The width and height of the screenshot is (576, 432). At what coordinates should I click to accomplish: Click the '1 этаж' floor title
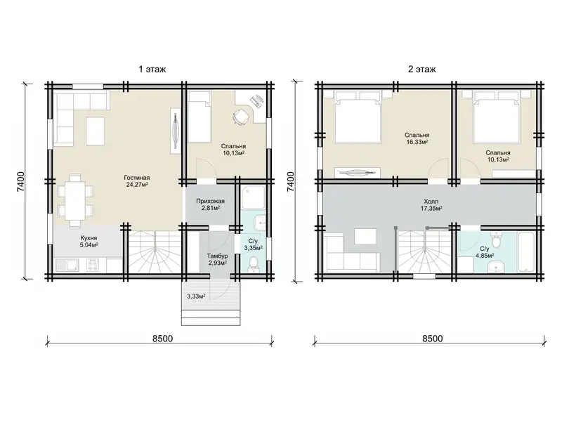point(152,69)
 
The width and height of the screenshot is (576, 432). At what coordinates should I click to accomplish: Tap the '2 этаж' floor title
point(421,69)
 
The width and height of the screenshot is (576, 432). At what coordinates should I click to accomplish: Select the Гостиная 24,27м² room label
point(137,181)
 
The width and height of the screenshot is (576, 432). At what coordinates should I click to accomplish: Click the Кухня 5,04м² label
point(89,242)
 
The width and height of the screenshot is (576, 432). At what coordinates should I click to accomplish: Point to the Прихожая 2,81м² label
point(210,204)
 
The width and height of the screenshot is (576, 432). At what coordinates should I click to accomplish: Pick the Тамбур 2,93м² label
point(217,259)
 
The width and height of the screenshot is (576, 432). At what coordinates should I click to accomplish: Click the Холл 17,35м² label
point(431,205)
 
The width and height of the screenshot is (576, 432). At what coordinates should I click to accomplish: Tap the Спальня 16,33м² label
point(417,138)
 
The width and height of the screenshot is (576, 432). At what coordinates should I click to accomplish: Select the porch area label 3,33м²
point(196,296)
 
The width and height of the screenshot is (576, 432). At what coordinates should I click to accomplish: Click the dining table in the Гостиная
point(75,200)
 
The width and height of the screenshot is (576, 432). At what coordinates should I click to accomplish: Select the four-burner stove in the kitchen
point(93,265)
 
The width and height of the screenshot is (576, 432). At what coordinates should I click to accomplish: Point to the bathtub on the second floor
point(528,252)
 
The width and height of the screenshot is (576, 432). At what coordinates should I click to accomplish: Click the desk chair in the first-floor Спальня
point(240,117)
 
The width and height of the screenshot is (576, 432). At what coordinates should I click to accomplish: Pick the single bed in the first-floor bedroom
point(199,117)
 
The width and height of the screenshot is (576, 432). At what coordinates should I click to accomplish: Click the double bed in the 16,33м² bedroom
point(357,117)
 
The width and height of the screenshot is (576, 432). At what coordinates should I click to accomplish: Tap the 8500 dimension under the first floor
point(163,338)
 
